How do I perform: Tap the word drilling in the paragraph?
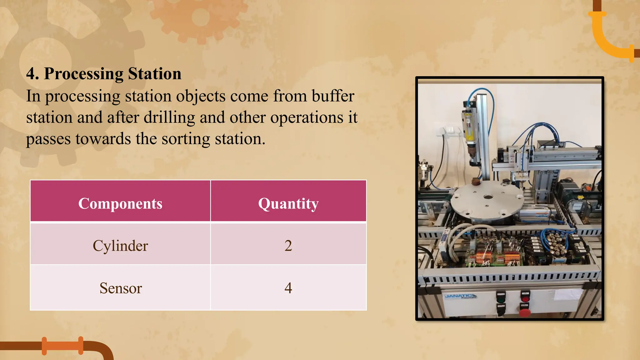(169, 117)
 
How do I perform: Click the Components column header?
(120, 204)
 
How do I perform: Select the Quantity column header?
(288, 204)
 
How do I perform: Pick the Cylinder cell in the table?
(120, 246)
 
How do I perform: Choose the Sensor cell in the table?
(121, 288)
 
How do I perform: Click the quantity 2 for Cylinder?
(288, 246)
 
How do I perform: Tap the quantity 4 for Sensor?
(288, 288)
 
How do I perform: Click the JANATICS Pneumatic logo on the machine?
(460, 296)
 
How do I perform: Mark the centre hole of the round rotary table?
(488, 197)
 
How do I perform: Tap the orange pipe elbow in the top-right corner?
(609, 37)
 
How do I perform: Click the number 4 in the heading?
(30, 74)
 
